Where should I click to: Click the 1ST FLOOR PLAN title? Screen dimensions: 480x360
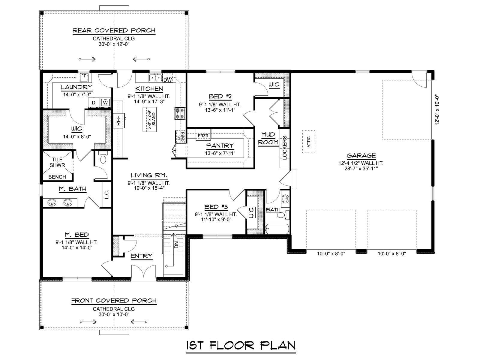(241, 346)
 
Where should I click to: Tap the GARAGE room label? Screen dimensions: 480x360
(361, 156)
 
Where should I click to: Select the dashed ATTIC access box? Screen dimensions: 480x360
(309, 142)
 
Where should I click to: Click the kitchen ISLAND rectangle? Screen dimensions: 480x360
(150, 119)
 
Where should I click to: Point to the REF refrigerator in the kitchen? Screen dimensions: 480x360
(119, 120)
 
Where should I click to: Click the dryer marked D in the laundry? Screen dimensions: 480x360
(94, 103)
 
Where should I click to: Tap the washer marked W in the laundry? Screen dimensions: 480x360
(106, 103)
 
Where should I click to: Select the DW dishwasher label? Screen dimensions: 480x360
(167, 80)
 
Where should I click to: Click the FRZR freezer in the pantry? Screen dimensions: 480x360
(203, 136)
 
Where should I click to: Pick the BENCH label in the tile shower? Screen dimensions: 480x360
(57, 177)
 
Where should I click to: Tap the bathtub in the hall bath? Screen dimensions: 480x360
(277, 229)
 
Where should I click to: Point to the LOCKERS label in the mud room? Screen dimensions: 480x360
(284, 148)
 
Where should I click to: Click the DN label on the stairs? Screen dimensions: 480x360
(176, 244)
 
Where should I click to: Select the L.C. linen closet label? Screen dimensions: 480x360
(106, 194)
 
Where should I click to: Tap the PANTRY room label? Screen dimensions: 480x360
(220, 145)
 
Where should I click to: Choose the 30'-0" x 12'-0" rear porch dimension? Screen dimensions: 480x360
(114, 44)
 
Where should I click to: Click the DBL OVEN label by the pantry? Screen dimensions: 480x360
(181, 136)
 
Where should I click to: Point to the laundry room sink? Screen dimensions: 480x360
(84, 78)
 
